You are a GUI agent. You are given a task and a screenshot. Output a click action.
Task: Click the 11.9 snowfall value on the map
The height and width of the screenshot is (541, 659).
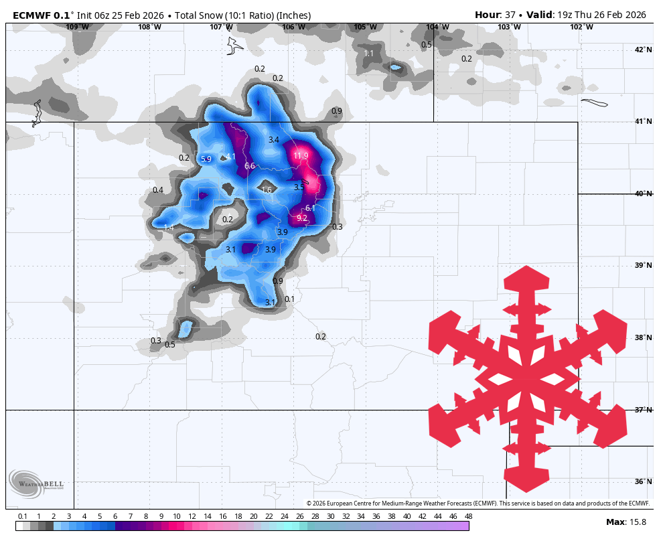click(301, 156)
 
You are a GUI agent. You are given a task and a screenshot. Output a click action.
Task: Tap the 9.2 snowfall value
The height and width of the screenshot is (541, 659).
click(302, 218)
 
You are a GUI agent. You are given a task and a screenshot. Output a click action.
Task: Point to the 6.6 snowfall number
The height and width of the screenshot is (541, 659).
click(250, 166)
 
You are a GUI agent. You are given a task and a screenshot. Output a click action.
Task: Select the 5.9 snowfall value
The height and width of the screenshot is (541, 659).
click(206, 159)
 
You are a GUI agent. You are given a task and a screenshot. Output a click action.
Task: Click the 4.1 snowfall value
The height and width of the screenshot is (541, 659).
click(231, 157)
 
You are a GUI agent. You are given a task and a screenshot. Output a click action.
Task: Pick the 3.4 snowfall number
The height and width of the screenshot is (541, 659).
click(273, 140)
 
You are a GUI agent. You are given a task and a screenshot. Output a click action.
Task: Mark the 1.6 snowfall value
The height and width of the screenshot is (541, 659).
click(267, 190)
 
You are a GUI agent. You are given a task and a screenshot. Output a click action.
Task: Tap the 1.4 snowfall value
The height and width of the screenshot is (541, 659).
click(169, 228)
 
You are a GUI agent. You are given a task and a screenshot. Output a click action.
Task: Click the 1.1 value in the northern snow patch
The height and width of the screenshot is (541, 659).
click(369, 54)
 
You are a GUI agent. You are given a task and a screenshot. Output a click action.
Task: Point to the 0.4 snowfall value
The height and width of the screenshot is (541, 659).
click(158, 190)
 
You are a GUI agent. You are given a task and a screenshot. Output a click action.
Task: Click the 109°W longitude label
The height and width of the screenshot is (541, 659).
click(78, 27)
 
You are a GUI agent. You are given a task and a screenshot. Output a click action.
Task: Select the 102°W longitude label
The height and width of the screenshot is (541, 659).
click(581, 27)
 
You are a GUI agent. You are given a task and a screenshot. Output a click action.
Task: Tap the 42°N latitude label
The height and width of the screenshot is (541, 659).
click(643, 50)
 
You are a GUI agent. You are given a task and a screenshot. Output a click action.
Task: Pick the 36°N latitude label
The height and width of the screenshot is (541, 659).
click(643, 481)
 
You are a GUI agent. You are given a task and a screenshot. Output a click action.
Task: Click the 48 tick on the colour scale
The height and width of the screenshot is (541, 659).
click(468, 516)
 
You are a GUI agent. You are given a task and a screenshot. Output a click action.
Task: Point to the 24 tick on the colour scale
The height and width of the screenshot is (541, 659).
click(284, 516)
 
